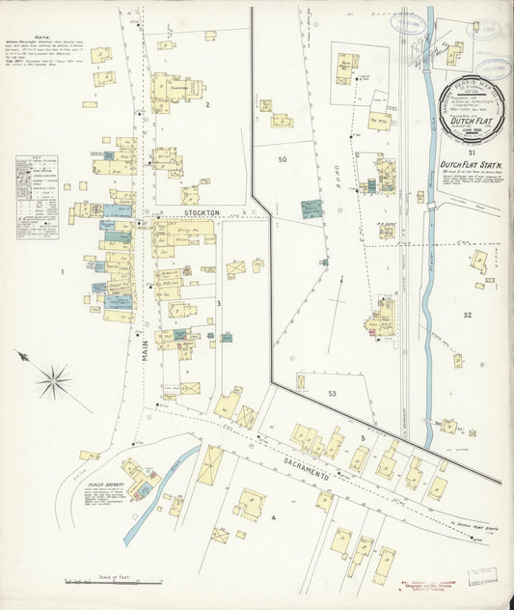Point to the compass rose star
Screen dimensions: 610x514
tap(53, 379)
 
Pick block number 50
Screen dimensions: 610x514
tap(283, 158)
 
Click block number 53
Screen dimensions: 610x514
tap(332, 394)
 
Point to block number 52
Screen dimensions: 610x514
tap(468, 315)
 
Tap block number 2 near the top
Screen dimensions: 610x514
tap(206, 103)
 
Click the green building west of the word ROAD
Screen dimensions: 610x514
tap(311, 208)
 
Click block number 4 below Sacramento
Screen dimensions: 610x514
tap(274, 517)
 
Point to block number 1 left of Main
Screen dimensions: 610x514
tap(63, 272)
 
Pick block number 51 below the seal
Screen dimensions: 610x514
tap(471, 152)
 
